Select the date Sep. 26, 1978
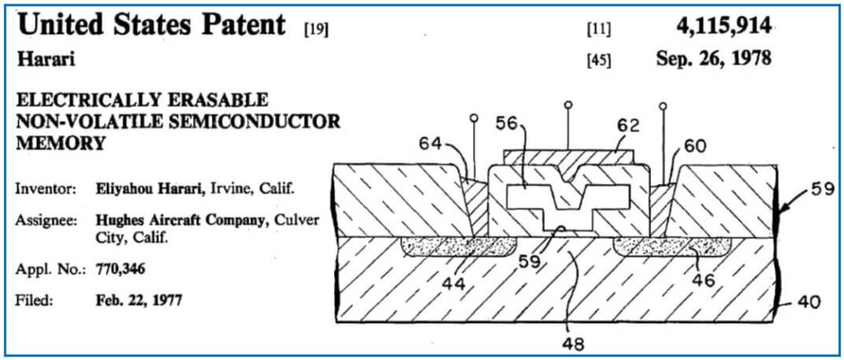(x=713, y=59)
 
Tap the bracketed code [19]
(x=316, y=31)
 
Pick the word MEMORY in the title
(x=60, y=142)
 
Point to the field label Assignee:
(x=45, y=220)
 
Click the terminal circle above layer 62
(x=567, y=105)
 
